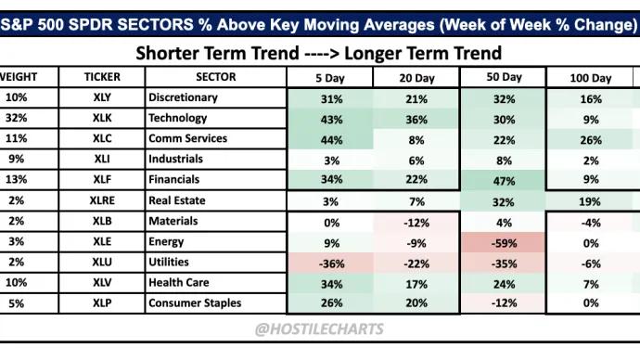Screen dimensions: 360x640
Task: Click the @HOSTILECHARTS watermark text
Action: (319, 328)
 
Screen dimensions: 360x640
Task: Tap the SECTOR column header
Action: (215, 77)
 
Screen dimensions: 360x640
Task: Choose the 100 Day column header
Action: (589, 77)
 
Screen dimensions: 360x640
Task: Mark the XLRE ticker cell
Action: (101, 201)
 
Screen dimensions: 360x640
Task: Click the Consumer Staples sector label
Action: (195, 303)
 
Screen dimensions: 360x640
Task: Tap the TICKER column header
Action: (101, 77)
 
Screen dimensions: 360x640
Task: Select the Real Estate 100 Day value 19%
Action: (589, 201)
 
